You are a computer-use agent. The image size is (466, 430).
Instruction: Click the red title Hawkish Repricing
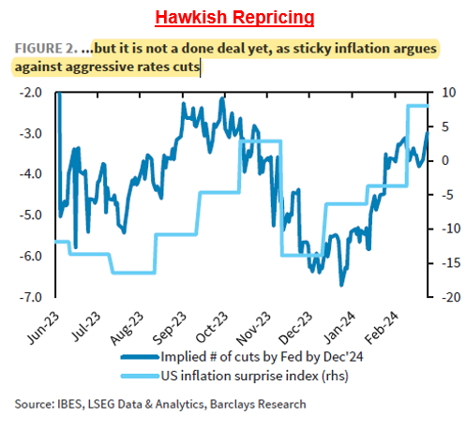[x=233, y=18]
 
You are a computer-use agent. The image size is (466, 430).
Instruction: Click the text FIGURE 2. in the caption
[x=47, y=48]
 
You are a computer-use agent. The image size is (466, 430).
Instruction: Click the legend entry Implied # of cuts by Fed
[x=244, y=356]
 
